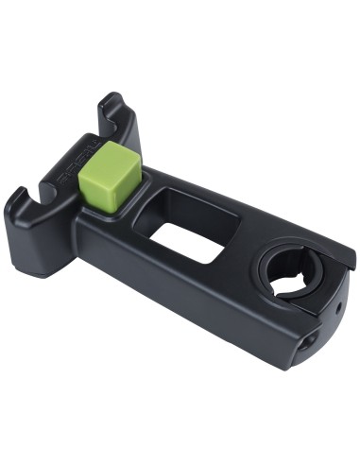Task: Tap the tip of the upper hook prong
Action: coord(111,96)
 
